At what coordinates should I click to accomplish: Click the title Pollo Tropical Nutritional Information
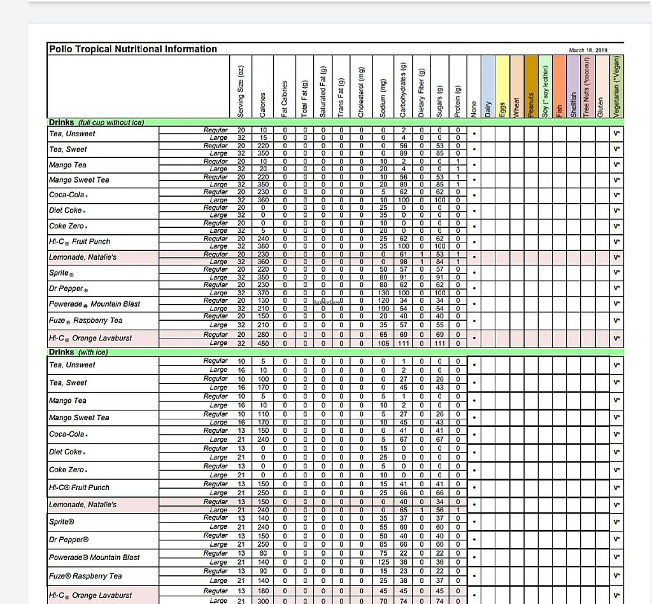tap(132, 49)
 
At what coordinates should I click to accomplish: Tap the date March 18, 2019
tap(589, 50)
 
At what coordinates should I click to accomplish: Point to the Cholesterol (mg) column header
tap(361, 92)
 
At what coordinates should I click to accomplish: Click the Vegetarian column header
tap(618, 87)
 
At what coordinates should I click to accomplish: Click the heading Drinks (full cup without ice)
tap(96, 122)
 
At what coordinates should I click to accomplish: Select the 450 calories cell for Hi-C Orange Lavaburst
tap(264, 343)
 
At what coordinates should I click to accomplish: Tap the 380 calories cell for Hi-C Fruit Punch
tap(264, 246)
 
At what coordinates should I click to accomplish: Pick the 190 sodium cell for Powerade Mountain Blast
tap(383, 308)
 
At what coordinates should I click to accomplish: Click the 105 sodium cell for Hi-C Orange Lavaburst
tap(383, 343)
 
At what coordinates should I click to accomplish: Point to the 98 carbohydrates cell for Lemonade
tap(404, 262)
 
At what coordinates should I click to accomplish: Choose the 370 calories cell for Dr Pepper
tap(264, 293)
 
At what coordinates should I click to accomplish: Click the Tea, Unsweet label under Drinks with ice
tap(72, 365)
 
